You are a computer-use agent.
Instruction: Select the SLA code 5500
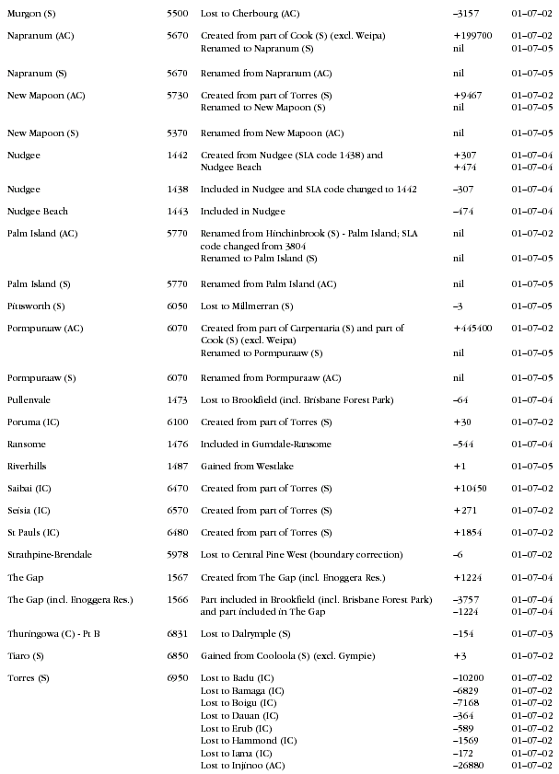pos(178,15)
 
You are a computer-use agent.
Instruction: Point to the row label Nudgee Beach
pos(37,212)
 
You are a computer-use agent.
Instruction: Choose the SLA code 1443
pos(178,212)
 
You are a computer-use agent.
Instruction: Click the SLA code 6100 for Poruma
pos(178,422)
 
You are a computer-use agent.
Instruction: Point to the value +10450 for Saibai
pos(470,489)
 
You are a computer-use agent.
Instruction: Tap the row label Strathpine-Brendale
pos(50,555)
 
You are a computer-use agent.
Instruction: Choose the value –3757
pos(467,600)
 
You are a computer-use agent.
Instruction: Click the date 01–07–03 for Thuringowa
pos(532,634)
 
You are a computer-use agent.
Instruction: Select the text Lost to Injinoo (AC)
pos(244,766)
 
